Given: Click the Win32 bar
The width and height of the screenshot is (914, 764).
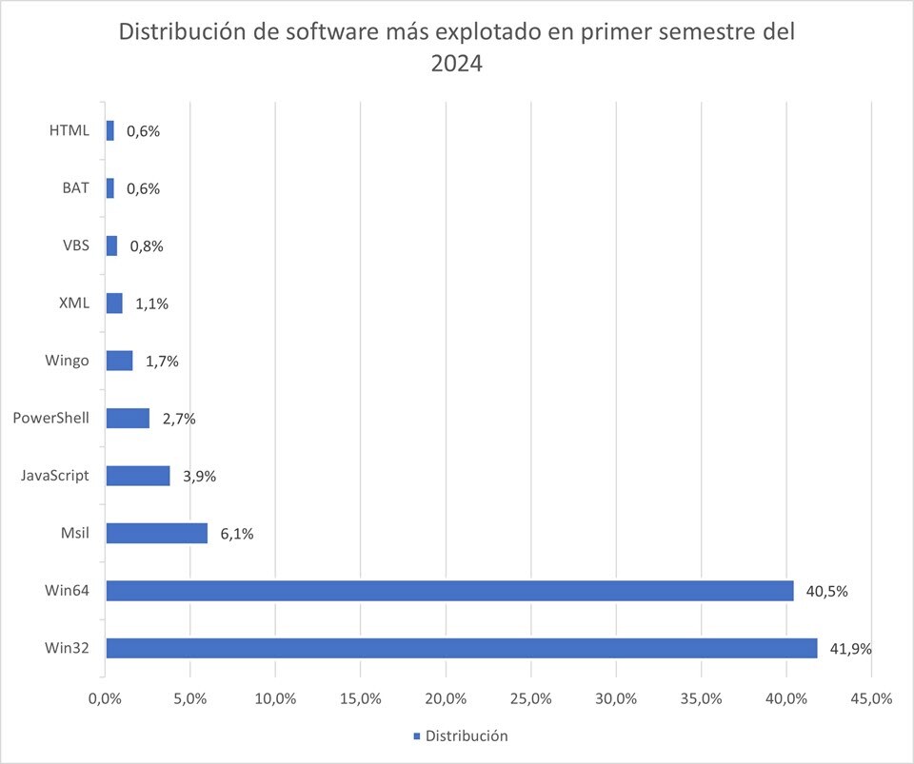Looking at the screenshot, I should pos(461,648).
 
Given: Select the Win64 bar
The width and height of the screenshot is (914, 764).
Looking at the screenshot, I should pos(449,591).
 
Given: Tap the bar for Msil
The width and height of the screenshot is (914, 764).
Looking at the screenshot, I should pos(156,533).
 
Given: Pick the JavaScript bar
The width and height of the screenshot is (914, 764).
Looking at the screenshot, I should pos(138,476).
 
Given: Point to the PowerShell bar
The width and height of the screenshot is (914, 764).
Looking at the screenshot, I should pos(128,419).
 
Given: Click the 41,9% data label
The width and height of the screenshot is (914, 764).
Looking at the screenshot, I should pos(851,649).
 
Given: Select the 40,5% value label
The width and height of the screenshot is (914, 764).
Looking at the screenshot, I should pos(826,591).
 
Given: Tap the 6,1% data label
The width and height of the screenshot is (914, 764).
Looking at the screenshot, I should pos(237,534).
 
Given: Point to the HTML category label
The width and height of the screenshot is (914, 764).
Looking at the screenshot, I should pos(69,130).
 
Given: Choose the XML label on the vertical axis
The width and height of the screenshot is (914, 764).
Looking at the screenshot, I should pos(73,303).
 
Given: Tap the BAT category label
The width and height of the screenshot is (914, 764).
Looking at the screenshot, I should pos(74,187).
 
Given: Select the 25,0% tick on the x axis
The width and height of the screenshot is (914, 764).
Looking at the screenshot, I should pos(530,698).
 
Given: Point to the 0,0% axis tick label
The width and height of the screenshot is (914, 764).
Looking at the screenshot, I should pos(105,698).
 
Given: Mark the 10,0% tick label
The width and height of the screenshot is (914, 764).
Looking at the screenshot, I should pos(275,698).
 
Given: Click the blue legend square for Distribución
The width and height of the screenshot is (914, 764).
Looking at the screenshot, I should pos(416,736).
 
